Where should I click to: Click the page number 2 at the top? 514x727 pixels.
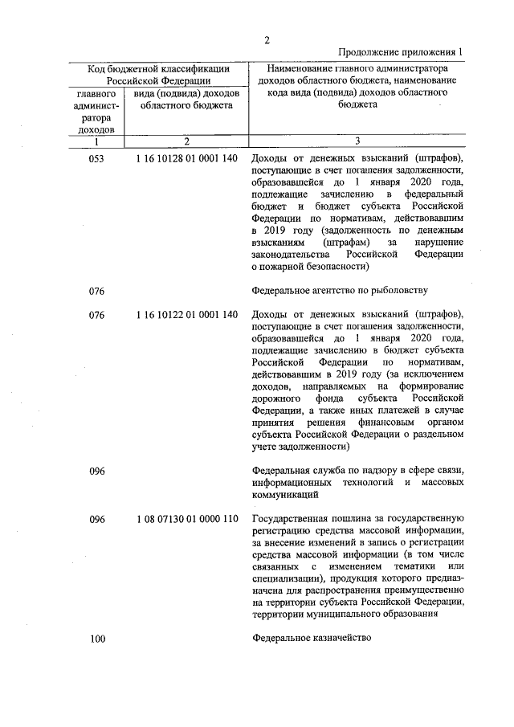267,40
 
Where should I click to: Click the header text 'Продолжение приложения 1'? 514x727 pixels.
400,52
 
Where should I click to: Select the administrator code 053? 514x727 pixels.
96,159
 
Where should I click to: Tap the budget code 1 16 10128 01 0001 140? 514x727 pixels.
187,159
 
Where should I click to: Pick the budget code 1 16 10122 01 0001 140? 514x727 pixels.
187,315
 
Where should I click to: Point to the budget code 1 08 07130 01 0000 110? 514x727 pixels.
187,519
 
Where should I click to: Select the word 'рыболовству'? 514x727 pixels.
401,290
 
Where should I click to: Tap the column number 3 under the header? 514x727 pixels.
357,141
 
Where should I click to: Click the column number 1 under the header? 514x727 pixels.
96,141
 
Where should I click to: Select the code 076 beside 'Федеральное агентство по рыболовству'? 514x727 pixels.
96,290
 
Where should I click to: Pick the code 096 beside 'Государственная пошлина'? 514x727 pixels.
96,519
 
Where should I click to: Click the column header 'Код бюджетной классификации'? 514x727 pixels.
158,69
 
